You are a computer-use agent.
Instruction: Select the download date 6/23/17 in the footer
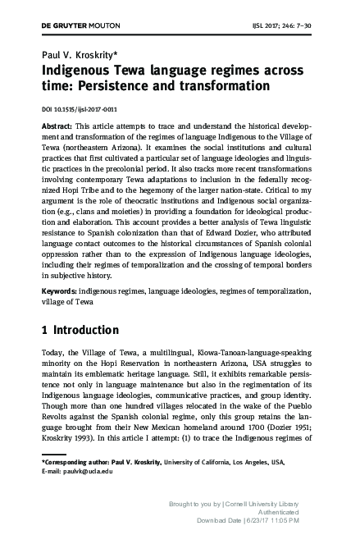[282, 520]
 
